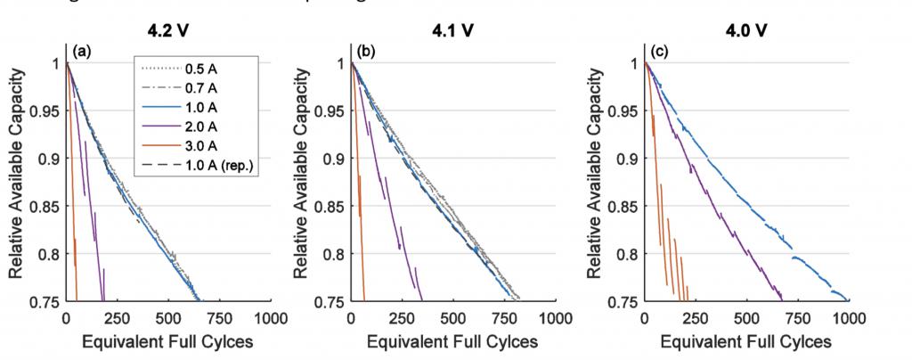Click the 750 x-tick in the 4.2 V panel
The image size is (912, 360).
[x=219, y=317]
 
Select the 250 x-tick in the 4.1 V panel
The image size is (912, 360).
[x=402, y=317]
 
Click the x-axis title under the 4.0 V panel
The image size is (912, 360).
[x=746, y=341]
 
